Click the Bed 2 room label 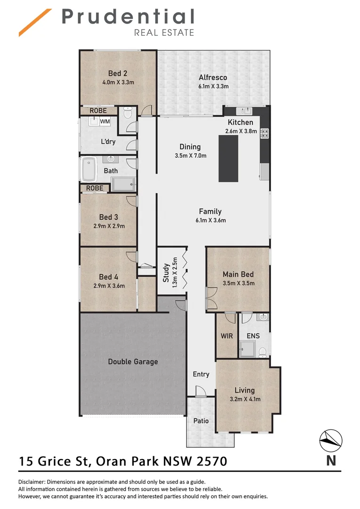click(x=118, y=73)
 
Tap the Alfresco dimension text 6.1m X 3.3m click(x=213, y=86)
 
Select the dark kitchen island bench click(x=229, y=158)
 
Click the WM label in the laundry click(x=105, y=122)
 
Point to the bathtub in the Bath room click(x=89, y=170)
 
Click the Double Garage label click(x=133, y=361)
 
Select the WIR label click(x=227, y=337)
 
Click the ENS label click(x=253, y=337)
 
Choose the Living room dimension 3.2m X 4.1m click(x=245, y=399)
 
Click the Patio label click(x=201, y=421)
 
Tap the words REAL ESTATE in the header click(x=164, y=33)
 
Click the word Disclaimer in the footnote click(x=34, y=482)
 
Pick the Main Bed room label click(x=238, y=274)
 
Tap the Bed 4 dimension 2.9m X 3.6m click(x=109, y=286)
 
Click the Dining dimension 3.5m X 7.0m click(x=190, y=156)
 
